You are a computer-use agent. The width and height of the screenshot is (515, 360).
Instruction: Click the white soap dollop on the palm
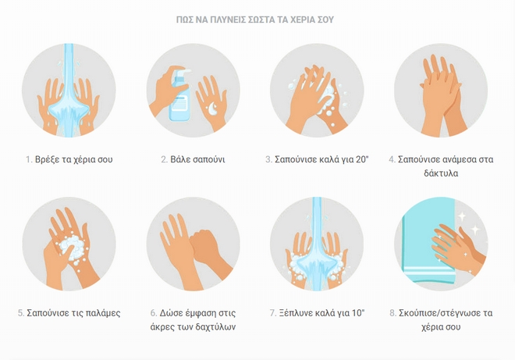pos(212,108)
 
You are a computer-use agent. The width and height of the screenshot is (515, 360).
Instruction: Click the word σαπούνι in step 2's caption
pos(208,160)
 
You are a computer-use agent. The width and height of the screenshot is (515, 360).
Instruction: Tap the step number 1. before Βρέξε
pos(29,159)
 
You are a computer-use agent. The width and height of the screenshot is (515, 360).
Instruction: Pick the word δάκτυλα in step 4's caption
pos(441,173)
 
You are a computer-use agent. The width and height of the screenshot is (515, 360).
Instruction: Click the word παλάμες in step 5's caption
pos(103,313)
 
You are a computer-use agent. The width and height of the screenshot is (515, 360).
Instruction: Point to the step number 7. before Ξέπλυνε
pos(273,312)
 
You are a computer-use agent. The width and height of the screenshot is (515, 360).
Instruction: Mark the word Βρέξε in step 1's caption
pos(48,159)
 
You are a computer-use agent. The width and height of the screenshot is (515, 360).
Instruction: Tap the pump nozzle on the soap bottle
pos(183,71)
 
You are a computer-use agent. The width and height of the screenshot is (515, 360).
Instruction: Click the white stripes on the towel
pos(428,270)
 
